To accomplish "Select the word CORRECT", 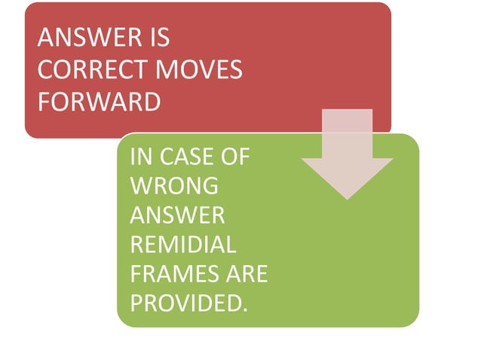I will pos(88,70).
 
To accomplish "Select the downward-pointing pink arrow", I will pos(347,154).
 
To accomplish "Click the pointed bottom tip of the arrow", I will pos(347,197).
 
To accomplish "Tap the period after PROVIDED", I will pos(246,310).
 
